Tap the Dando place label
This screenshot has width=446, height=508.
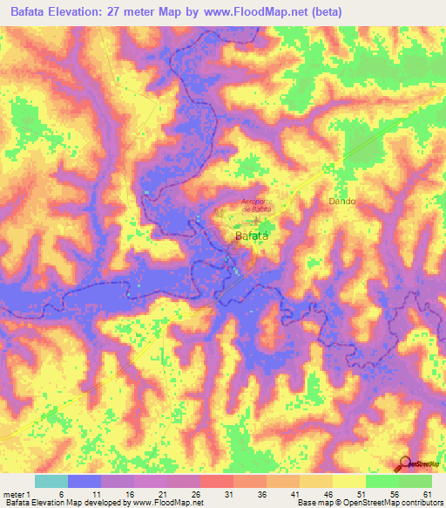[342, 201]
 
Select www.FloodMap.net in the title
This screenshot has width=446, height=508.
[260, 12]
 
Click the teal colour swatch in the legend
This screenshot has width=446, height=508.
[51, 481]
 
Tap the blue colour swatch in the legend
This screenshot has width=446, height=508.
[84, 481]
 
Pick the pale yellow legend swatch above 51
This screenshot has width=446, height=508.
[348, 481]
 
